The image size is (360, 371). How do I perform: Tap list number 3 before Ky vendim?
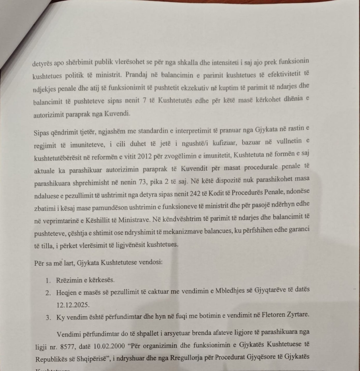(x=48, y=317)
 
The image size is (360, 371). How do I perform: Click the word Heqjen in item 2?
(x=66, y=292)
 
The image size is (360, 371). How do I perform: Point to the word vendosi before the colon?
(x=149, y=263)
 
